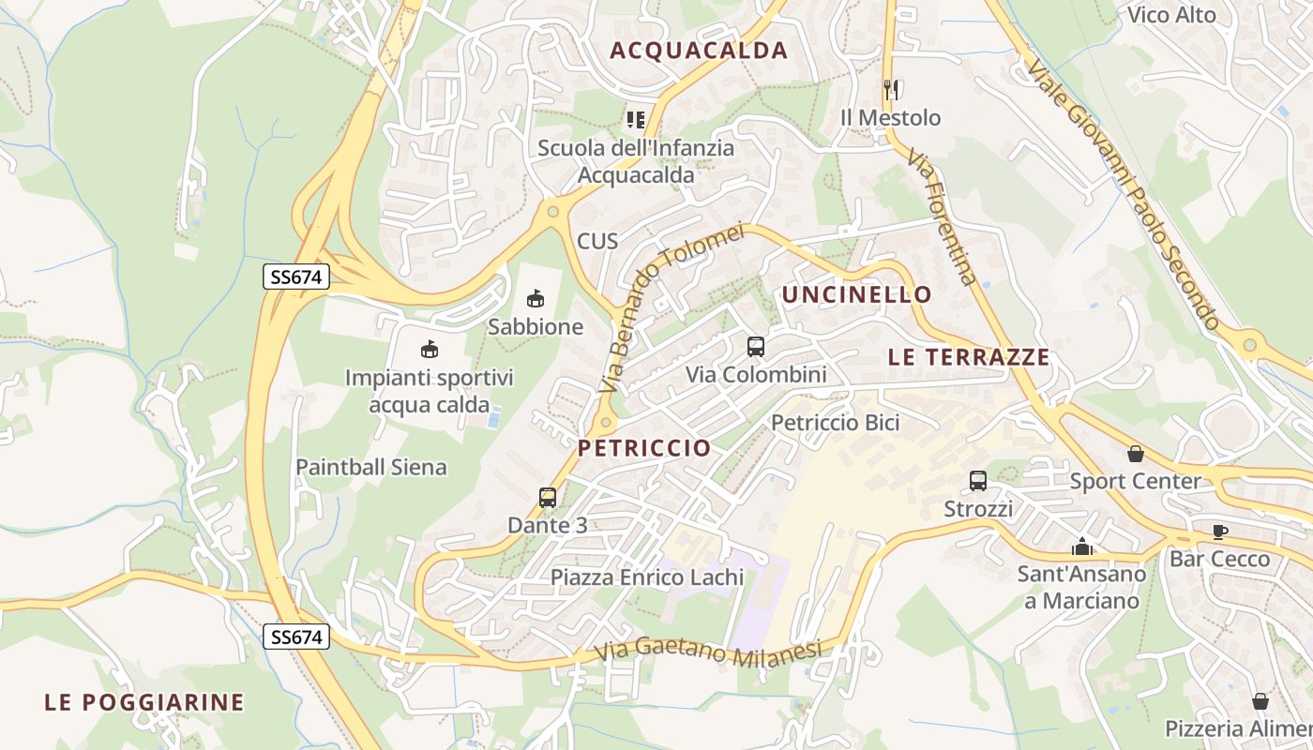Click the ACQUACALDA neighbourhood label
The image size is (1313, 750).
point(699,51)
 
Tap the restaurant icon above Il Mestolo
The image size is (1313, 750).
point(891,90)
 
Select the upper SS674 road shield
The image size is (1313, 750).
point(296,277)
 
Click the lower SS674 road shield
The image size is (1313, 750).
point(296,637)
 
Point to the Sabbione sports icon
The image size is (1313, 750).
point(536,299)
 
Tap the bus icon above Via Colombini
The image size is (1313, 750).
point(756,347)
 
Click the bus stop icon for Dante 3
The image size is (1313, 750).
point(548,498)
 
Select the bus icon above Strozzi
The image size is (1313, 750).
point(978,481)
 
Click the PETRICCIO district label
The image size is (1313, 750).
point(644,448)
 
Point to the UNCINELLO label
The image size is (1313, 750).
point(857,294)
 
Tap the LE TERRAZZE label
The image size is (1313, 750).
point(969,357)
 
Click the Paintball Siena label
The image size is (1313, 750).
point(371,467)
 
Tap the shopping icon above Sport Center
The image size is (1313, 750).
point(1136,454)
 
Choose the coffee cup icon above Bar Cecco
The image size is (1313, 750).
point(1219,532)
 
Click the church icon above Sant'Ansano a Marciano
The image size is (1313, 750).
point(1082,546)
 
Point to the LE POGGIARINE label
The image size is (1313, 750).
point(144,702)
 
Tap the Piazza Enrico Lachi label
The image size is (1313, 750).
point(647,577)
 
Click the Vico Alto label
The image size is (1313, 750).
point(1171,15)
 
